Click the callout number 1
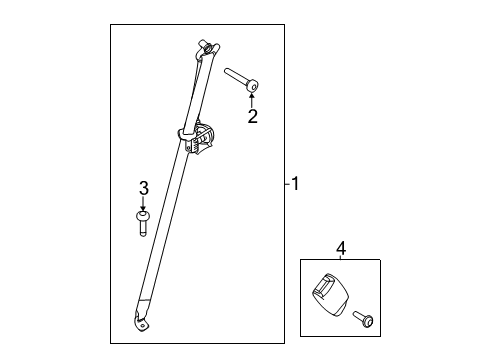click(x=295, y=184)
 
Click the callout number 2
click(x=252, y=116)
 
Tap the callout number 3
click(x=143, y=188)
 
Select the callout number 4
click(x=341, y=249)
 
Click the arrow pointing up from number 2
click(x=252, y=100)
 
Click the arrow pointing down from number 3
click(x=143, y=203)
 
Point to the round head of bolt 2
click(x=253, y=87)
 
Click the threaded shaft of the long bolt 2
click(x=237, y=77)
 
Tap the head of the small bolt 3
click(x=143, y=215)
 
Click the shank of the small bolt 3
click(x=143, y=228)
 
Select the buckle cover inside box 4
click(x=330, y=294)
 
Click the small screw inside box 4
click(x=363, y=319)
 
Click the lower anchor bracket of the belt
click(x=141, y=322)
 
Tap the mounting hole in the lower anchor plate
click(x=143, y=326)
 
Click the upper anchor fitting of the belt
click(x=207, y=49)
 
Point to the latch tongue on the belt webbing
click(x=197, y=138)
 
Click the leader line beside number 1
click(x=288, y=184)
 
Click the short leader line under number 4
click(x=341, y=258)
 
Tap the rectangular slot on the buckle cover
click(x=325, y=286)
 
